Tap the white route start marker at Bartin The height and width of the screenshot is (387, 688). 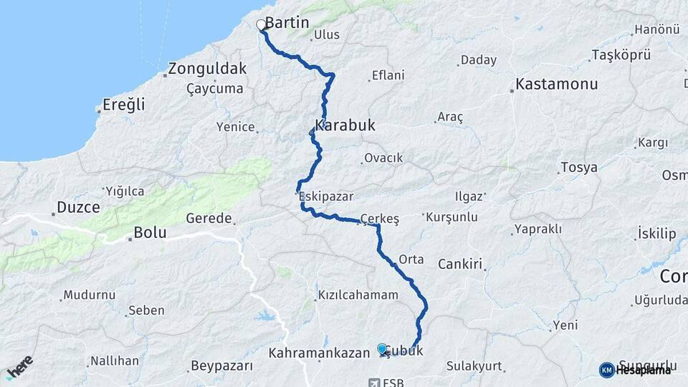pos(262,25)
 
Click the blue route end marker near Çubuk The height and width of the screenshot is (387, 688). pos(383,348)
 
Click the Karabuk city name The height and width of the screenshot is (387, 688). pos(345,125)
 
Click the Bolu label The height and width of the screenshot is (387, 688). pos(150,233)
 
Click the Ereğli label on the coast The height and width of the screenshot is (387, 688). pos(124,105)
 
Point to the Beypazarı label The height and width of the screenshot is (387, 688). pos(221,366)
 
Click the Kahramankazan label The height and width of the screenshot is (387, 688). pos(319,353)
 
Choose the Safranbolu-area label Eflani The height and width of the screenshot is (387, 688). pos(388,75)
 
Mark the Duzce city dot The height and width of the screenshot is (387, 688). pos(54,213)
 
